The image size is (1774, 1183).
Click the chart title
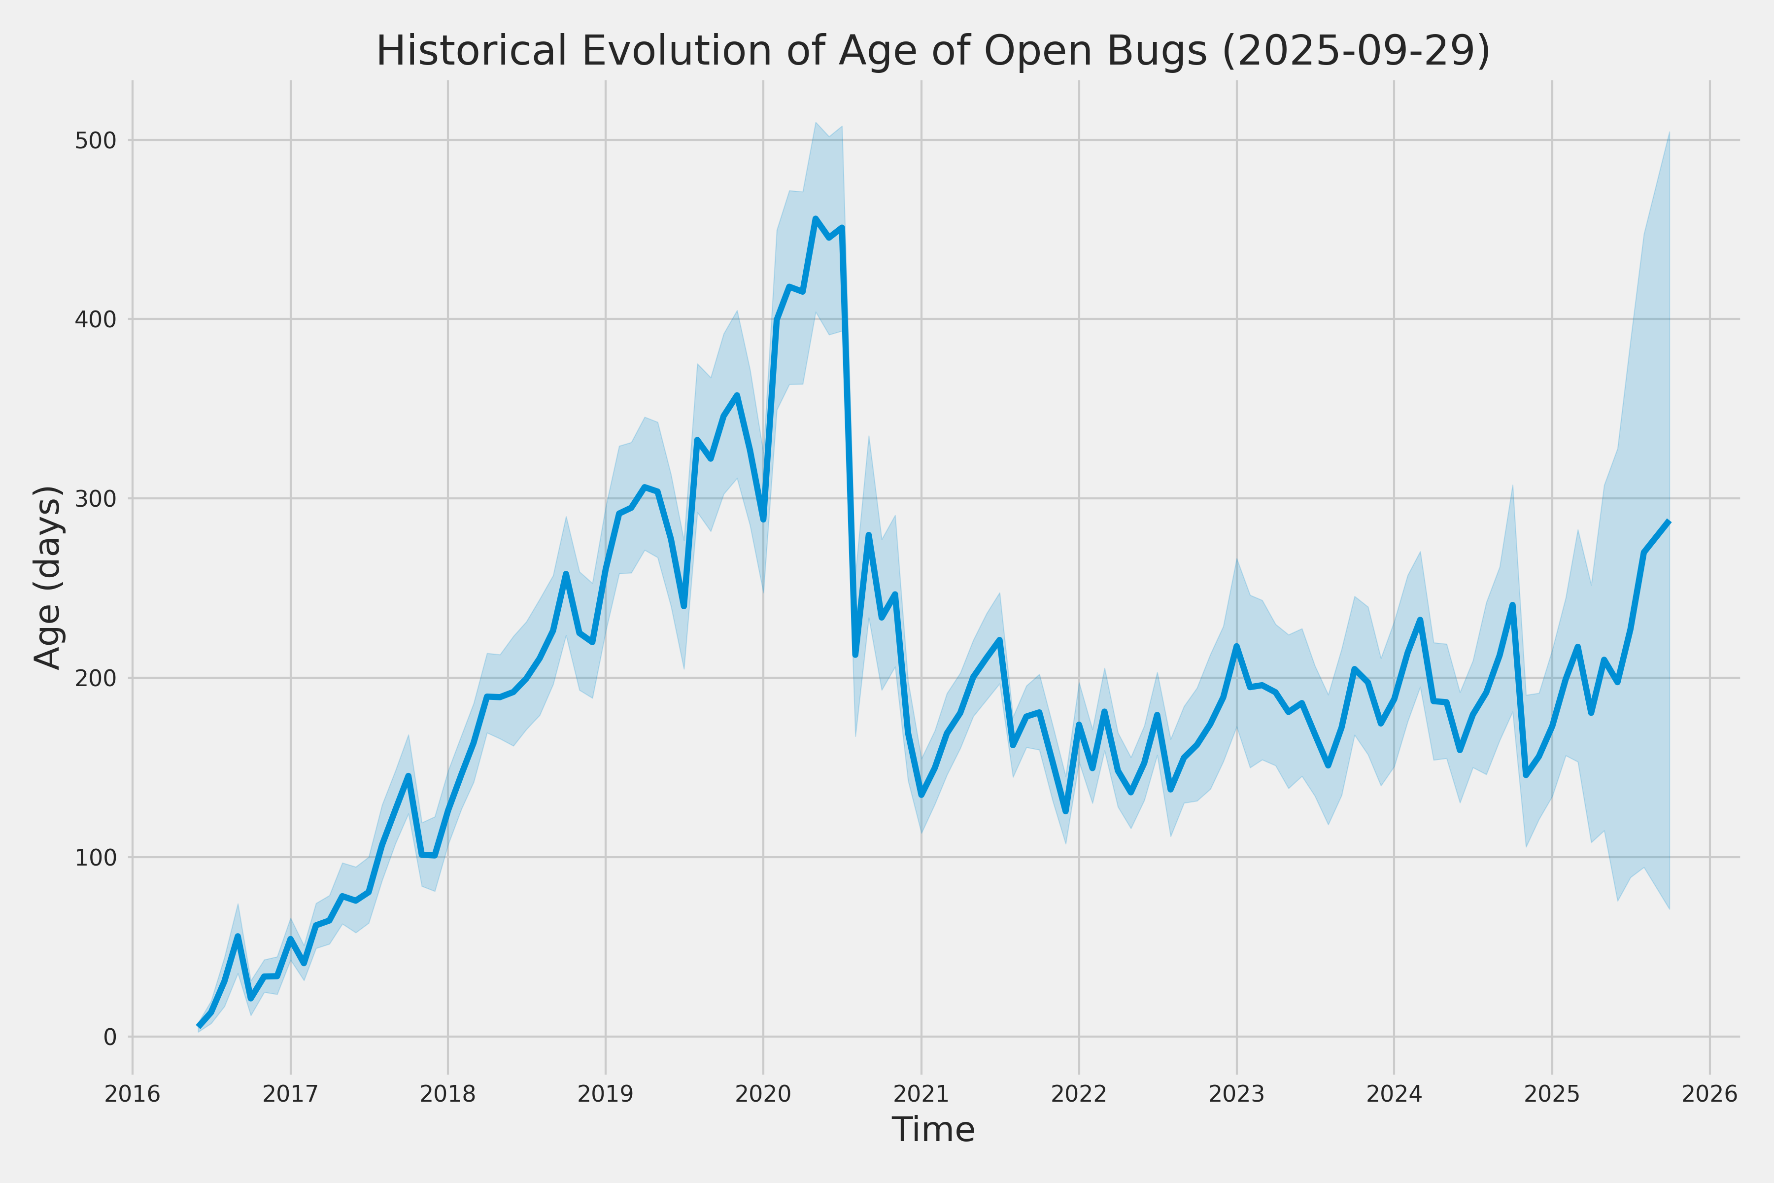(932, 51)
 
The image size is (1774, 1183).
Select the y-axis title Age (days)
(48, 577)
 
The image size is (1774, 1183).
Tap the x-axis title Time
(933, 1129)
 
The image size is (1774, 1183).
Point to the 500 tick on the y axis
(95, 141)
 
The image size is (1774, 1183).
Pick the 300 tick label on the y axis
(95, 499)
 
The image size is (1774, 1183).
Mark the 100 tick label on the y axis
(95, 858)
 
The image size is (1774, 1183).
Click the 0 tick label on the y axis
(109, 1038)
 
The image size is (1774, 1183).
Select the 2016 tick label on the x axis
(133, 1094)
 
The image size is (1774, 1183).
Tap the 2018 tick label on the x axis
(448, 1094)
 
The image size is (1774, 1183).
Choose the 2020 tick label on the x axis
(763, 1094)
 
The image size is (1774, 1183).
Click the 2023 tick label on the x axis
(1236, 1094)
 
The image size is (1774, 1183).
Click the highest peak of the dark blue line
(816, 219)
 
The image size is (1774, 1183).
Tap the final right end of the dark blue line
(1669, 522)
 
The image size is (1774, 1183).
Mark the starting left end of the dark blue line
(199, 1026)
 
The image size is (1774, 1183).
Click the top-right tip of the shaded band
(1669, 133)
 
